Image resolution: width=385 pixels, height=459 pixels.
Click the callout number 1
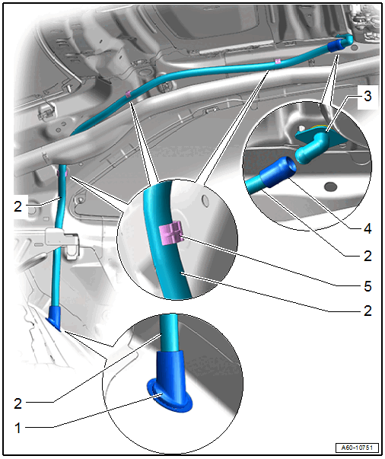tap(17, 428)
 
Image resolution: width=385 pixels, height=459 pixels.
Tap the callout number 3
tap(367, 96)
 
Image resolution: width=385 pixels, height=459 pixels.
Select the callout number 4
tap(367, 228)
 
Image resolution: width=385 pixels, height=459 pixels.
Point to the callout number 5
tap(367, 286)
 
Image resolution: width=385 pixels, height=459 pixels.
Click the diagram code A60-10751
tap(357, 448)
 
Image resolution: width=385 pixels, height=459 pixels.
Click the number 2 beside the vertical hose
tap(17, 207)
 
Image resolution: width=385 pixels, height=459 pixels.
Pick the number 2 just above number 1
tap(17, 403)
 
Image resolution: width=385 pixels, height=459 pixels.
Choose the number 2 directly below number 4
tap(367, 256)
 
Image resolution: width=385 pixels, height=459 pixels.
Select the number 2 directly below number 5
tap(367, 311)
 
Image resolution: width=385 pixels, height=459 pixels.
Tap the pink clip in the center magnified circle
tap(171, 234)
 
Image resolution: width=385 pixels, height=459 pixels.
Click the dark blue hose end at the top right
tap(336, 46)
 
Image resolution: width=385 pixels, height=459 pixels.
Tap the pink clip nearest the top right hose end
tap(278, 61)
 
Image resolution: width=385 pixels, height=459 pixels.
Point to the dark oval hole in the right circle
tap(331, 186)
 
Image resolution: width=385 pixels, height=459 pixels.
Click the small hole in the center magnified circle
tap(205, 201)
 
